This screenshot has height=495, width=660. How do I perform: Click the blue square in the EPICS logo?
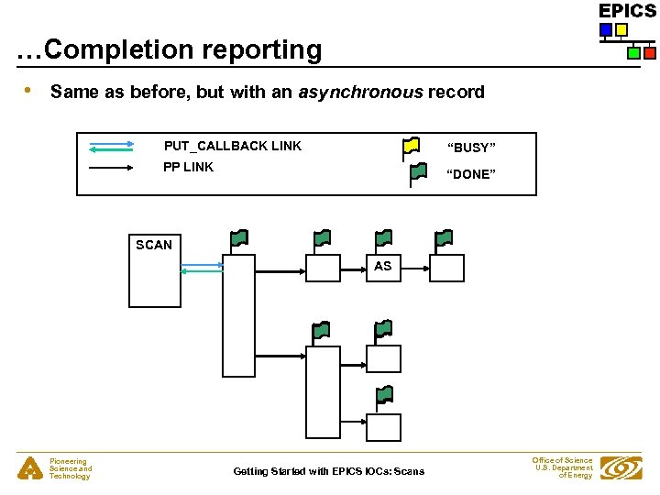[x=605, y=30]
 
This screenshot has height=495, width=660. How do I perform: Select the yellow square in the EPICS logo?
[x=621, y=30]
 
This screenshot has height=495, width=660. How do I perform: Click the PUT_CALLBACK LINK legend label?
[x=232, y=146]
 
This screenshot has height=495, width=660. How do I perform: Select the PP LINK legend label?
[x=188, y=167]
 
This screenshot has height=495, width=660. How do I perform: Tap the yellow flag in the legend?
[x=412, y=145]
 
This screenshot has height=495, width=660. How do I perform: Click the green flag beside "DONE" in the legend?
[x=418, y=170]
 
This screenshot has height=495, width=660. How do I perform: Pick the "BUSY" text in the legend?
[x=471, y=148]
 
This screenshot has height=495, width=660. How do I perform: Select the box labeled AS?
[x=382, y=267]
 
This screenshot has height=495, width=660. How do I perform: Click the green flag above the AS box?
[x=384, y=238]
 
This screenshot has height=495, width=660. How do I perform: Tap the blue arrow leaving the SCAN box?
[x=203, y=264]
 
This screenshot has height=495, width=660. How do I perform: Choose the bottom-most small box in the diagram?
[x=383, y=427]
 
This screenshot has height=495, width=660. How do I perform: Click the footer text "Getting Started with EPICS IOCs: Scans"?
[x=328, y=471]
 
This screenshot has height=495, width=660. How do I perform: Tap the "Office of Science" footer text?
[x=562, y=460]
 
